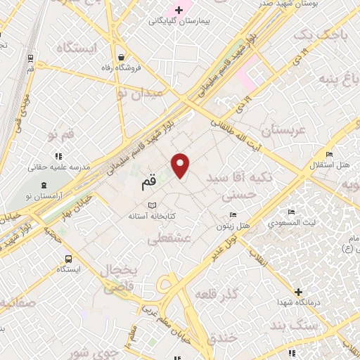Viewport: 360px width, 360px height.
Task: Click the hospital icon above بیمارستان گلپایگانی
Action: click(179, 9)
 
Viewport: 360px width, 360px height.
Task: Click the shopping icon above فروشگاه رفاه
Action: click(122, 57)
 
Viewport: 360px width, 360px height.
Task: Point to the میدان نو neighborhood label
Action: click(140, 92)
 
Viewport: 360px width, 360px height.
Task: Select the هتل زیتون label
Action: click(233, 226)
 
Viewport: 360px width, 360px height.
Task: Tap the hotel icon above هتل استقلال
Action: click(329, 155)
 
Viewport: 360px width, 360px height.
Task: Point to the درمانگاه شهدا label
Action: click(299, 303)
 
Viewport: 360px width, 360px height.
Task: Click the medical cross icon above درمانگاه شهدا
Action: click(299, 291)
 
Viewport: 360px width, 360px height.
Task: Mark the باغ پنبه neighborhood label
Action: click(336, 77)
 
